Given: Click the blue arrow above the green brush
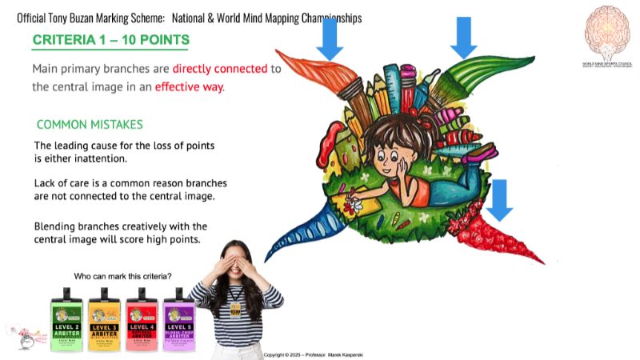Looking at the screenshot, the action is click(463, 36).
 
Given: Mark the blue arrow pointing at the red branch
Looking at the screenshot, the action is click(500, 199).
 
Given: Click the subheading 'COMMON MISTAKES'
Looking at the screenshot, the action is click(90, 125).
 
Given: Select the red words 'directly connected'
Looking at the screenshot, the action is click(220, 69).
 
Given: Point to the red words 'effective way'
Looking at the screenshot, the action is click(189, 86).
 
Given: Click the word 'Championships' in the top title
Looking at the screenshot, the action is click(320, 17).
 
